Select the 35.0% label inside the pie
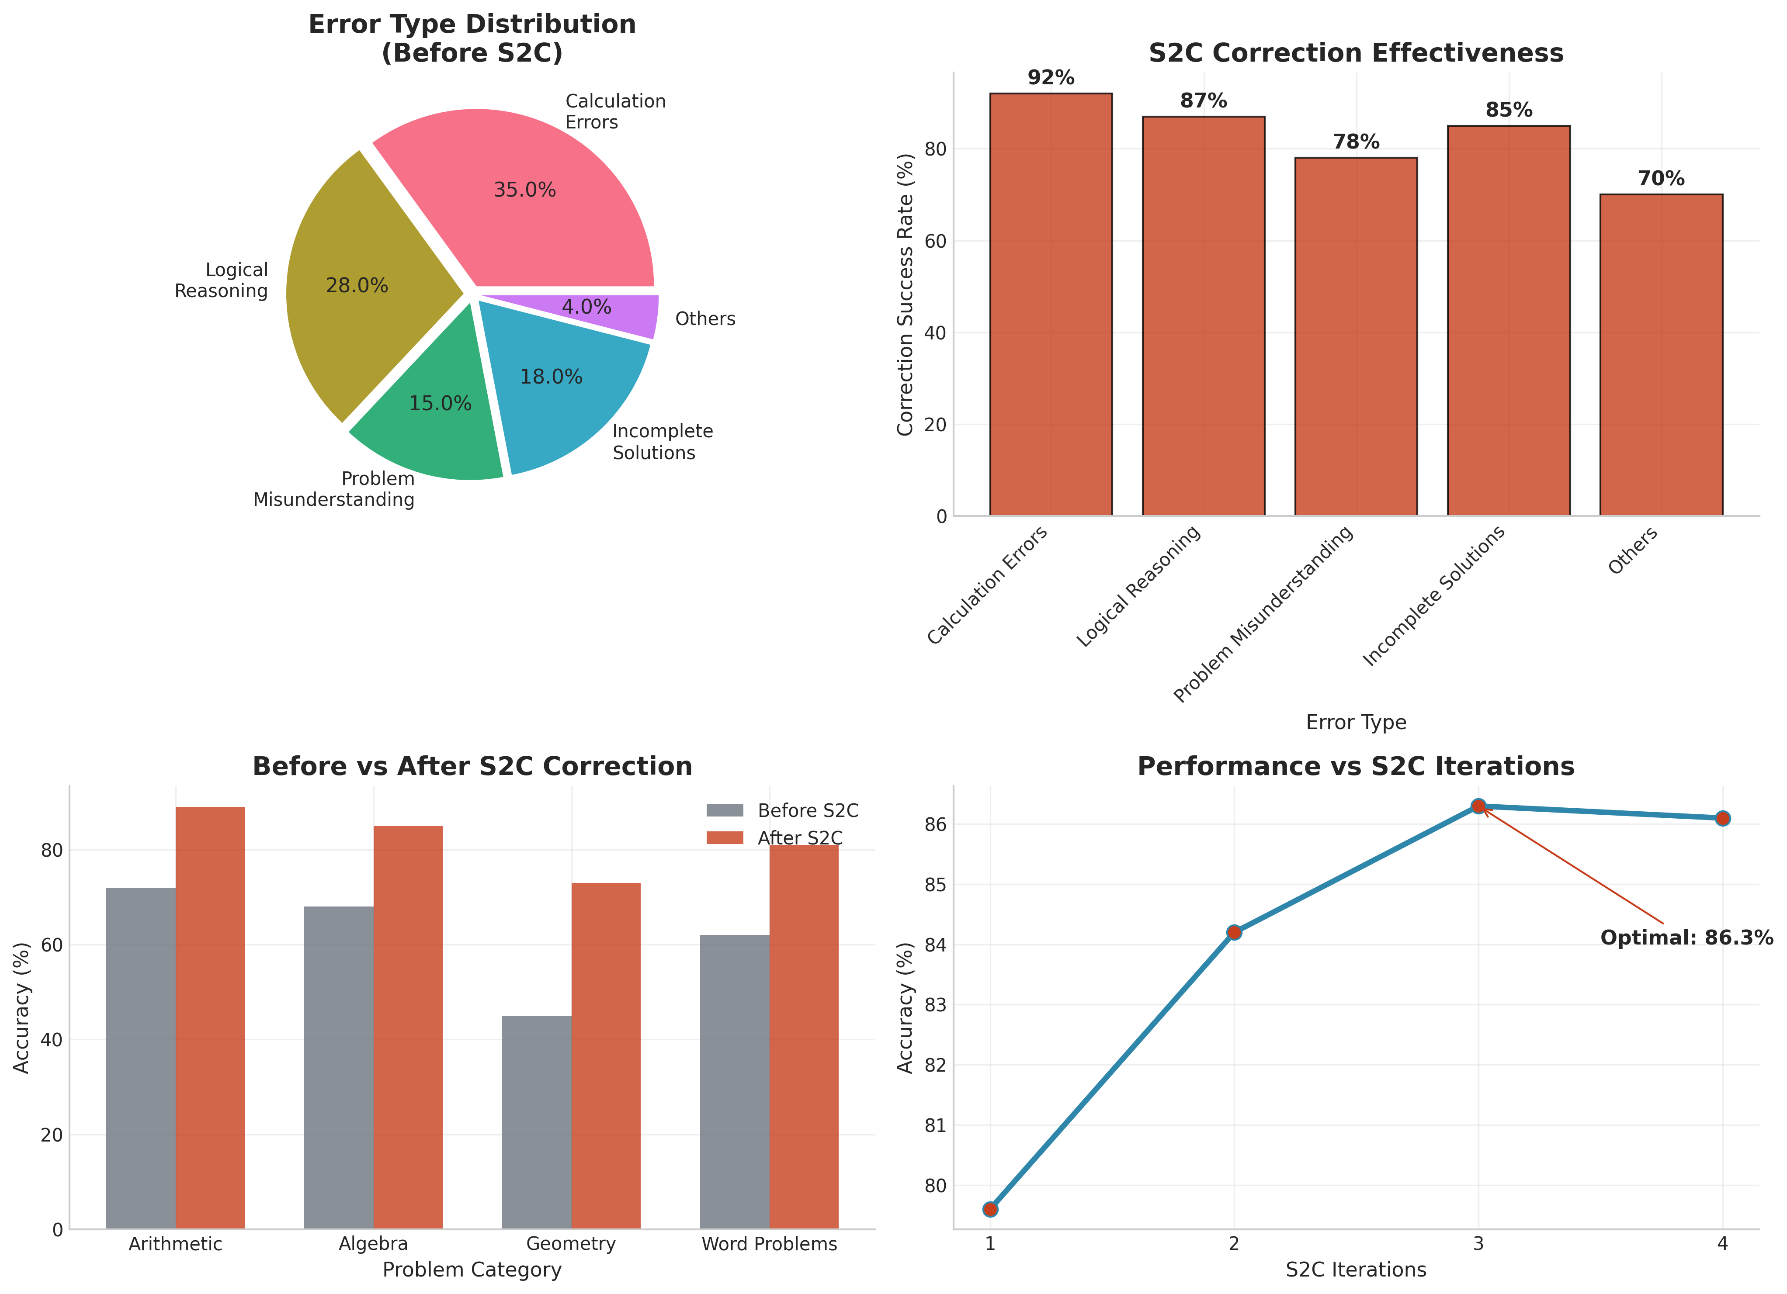coord(525,190)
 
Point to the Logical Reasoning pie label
coord(222,280)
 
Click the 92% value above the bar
coord(1051,78)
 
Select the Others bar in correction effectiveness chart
coord(1661,354)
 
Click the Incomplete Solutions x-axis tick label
coord(1434,596)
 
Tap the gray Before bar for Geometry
coord(537,1122)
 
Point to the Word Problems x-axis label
coord(769,1244)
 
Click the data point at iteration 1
coord(990,1209)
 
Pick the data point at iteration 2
coord(1234,933)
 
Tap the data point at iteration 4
coord(1722,818)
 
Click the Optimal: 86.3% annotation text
coord(1686,938)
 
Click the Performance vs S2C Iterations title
coord(1355,766)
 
